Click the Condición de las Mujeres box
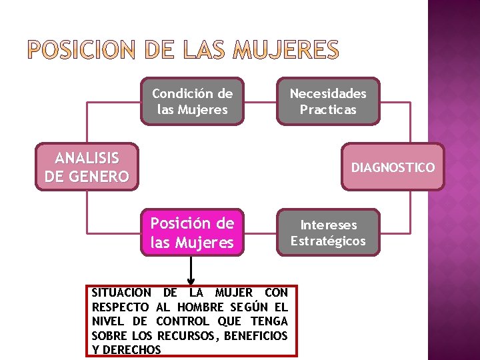tap(192, 101)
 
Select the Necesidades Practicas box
tap(328, 101)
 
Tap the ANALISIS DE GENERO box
tap(87, 167)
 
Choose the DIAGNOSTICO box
tap(393, 167)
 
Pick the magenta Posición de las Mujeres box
tap(192, 233)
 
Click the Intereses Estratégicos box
tap(328, 233)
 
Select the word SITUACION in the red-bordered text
tap(121, 293)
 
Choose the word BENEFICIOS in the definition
tap(256, 335)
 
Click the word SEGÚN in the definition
tap(251, 307)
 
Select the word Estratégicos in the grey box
tap(328, 241)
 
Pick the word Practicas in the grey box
tap(328, 109)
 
